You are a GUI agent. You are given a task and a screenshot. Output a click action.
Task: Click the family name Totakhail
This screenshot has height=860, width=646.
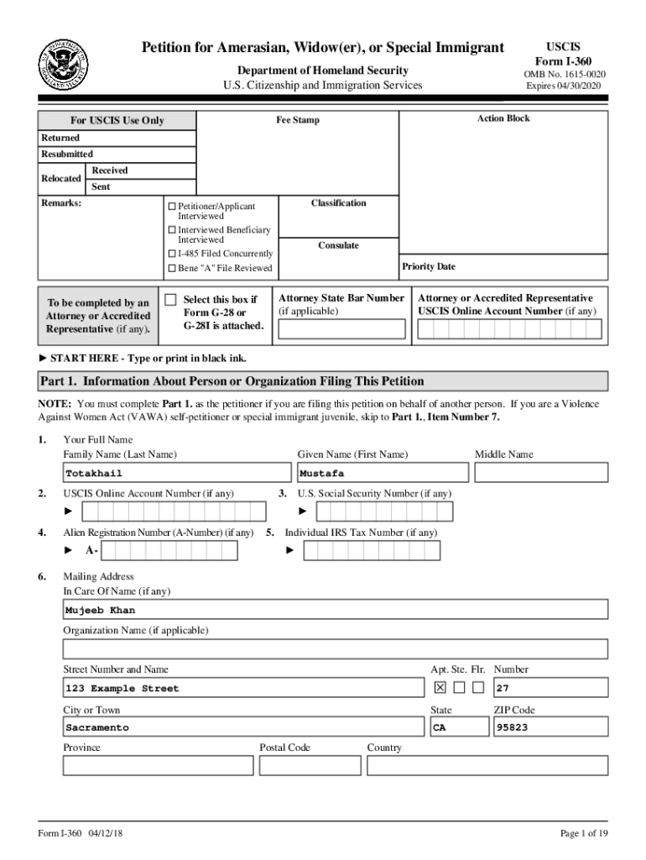pyautogui.click(x=88, y=473)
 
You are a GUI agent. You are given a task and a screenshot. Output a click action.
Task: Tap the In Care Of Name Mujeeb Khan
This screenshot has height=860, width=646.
pyautogui.click(x=100, y=611)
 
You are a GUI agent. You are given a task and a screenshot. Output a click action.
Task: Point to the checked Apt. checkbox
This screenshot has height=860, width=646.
pyautogui.click(x=439, y=688)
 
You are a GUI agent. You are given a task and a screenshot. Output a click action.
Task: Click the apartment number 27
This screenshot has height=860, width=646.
pyautogui.click(x=503, y=688)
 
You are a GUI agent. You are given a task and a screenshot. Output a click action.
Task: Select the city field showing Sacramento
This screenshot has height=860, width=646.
pyautogui.click(x=97, y=727)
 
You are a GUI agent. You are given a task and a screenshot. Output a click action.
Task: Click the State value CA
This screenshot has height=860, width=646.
pyautogui.click(x=439, y=727)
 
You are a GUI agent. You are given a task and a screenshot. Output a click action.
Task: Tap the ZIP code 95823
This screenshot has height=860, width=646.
pyautogui.click(x=512, y=727)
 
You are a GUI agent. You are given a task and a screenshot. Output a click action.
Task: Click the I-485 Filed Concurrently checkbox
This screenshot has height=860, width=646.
pyautogui.click(x=172, y=254)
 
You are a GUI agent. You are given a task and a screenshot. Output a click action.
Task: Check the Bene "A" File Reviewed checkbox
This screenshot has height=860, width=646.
pyautogui.click(x=172, y=268)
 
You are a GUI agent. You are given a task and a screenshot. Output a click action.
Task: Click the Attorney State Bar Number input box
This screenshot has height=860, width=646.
pyautogui.click(x=341, y=329)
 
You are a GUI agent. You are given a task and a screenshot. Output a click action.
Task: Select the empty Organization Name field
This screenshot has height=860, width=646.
pyautogui.click(x=336, y=649)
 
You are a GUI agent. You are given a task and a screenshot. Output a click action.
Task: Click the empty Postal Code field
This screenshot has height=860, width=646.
pyautogui.click(x=310, y=766)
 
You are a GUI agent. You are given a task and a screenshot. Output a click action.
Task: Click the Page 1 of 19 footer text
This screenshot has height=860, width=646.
pyautogui.click(x=583, y=833)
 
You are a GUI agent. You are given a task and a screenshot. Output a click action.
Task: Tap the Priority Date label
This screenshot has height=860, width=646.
pyautogui.click(x=428, y=266)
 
